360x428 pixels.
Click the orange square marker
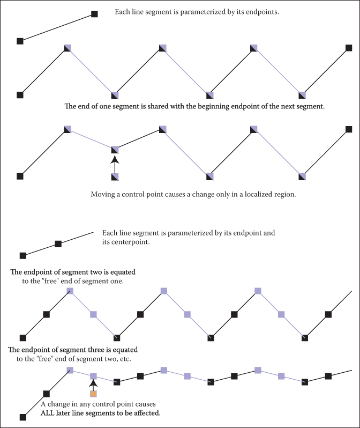[93, 394]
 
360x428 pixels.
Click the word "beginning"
[216, 107]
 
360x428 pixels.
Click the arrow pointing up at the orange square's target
[93, 383]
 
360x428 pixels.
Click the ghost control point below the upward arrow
[114, 176]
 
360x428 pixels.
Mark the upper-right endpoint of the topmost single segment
[95, 14]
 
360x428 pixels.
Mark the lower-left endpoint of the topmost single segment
[20, 41]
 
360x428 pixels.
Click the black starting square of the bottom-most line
[23, 417]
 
